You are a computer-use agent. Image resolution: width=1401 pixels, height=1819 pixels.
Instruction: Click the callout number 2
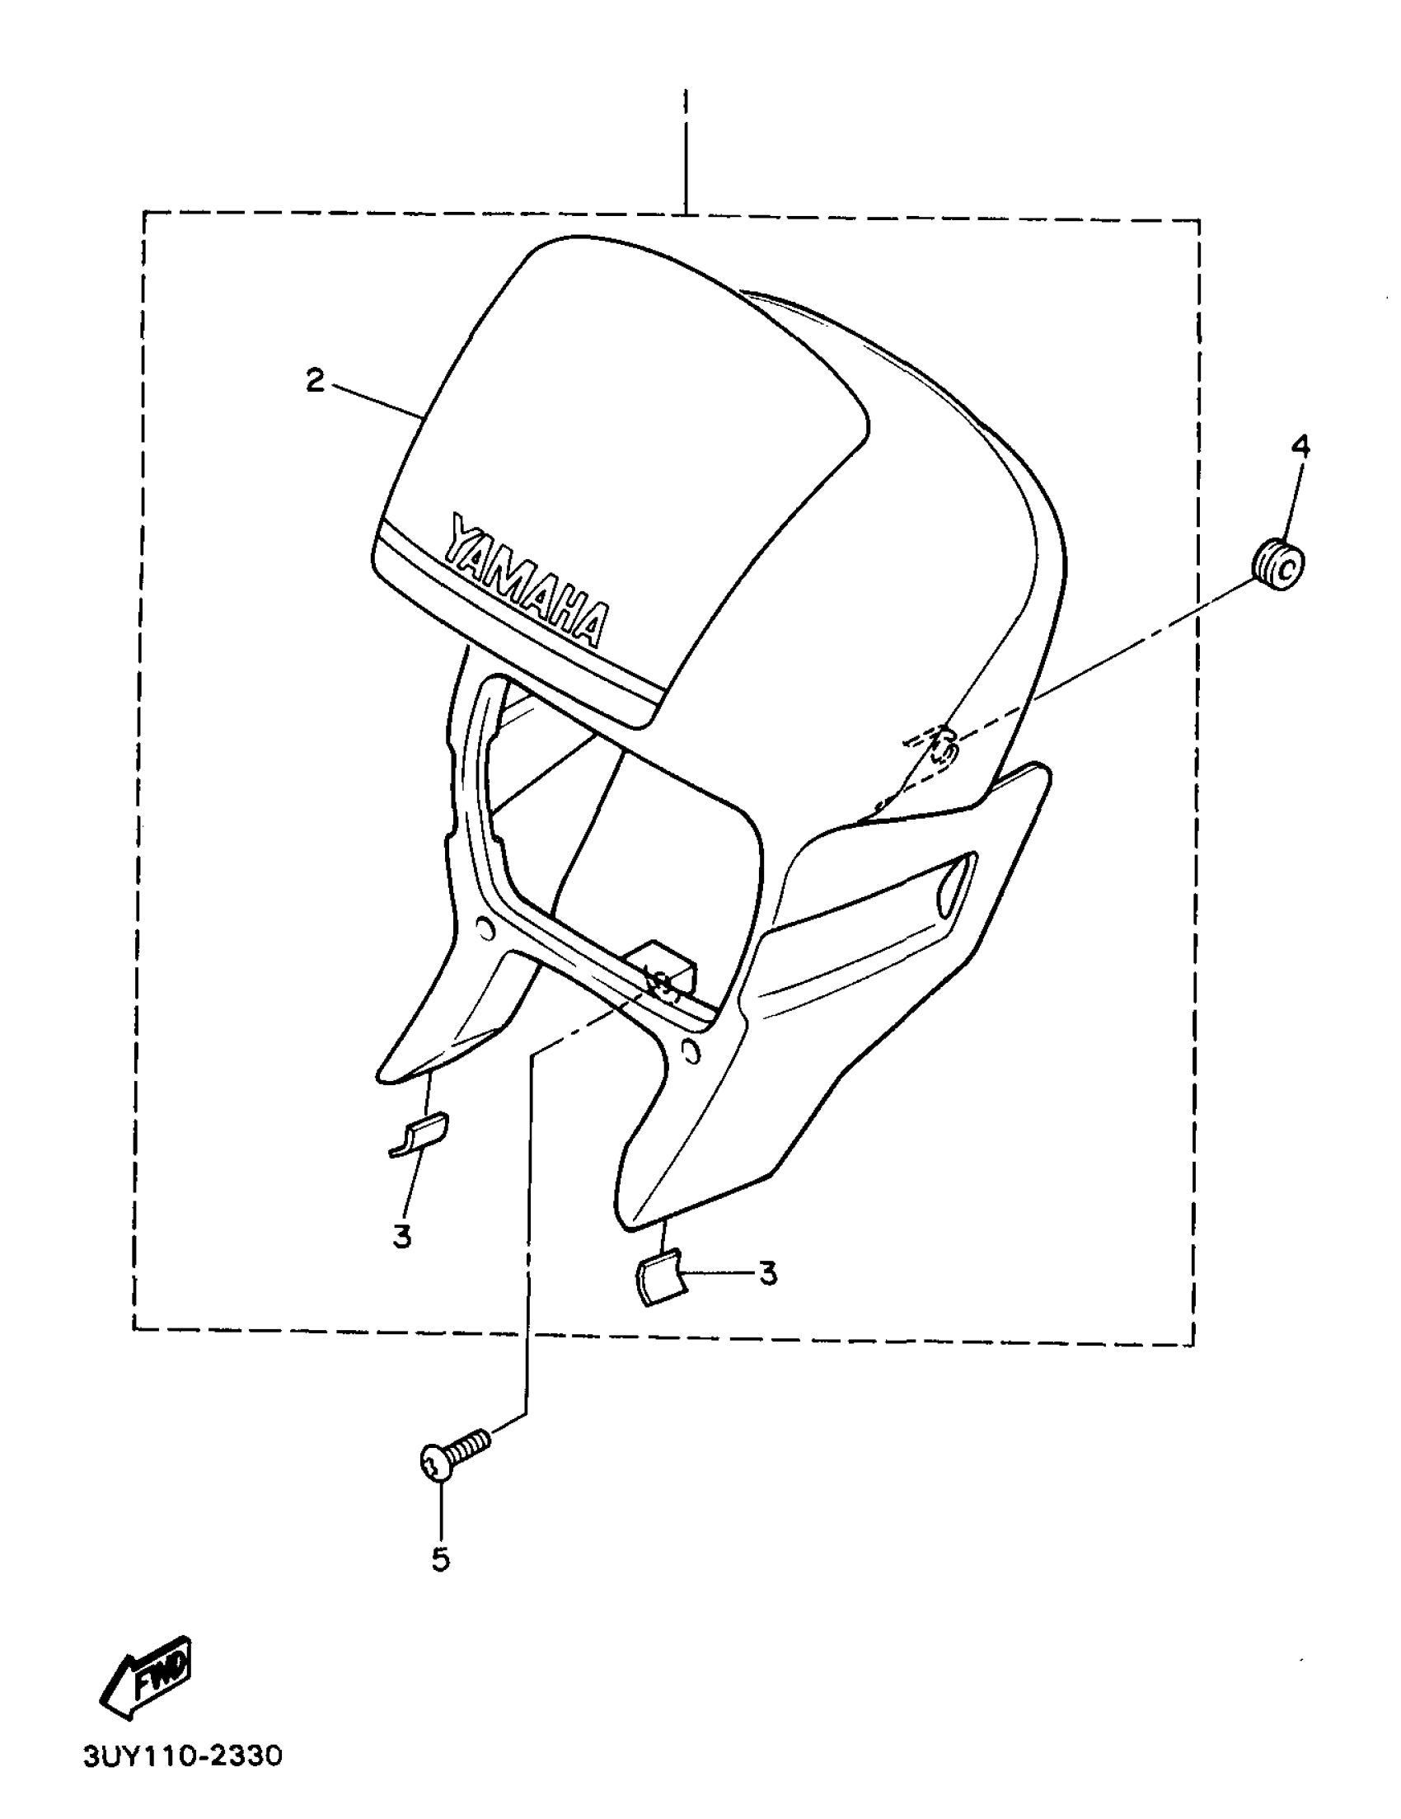(315, 382)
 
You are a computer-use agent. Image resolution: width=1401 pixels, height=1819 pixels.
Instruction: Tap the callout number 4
(1300, 447)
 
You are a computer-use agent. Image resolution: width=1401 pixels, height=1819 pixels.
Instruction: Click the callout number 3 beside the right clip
(767, 1273)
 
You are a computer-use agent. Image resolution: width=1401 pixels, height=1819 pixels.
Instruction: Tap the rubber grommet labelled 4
(1278, 566)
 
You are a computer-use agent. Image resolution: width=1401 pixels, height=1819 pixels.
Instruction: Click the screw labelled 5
(454, 1455)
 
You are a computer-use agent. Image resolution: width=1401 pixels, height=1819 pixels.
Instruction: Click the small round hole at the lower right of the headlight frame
(690, 1053)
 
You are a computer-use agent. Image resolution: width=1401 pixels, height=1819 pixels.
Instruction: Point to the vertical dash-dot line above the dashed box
(686, 150)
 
